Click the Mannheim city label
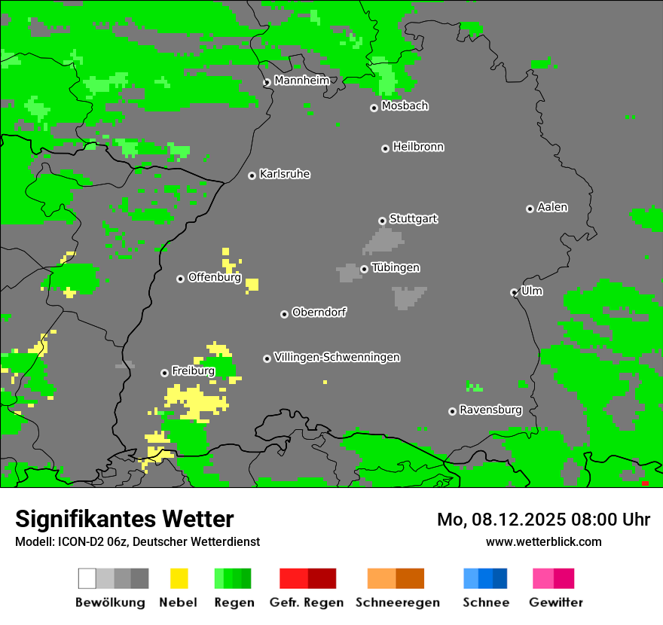click(x=301, y=81)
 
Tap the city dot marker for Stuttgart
click(x=382, y=221)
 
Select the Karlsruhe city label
click(x=285, y=174)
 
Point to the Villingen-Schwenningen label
click(x=337, y=357)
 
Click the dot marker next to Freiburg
click(x=164, y=373)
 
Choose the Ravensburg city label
click(x=490, y=410)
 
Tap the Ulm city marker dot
click(x=514, y=292)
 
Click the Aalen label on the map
click(x=552, y=207)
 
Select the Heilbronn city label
click(x=418, y=147)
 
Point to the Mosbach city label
click(x=405, y=106)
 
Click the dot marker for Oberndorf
click(x=284, y=314)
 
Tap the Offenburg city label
click(x=214, y=277)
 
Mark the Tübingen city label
click(x=396, y=267)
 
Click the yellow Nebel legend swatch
click(x=179, y=578)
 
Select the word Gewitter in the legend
click(x=556, y=602)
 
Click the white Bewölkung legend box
click(x=87, y=578)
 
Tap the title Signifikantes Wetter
click(x=124, y=519)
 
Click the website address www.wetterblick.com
click(x=543, y=541)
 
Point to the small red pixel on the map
click(x=645, y=483)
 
